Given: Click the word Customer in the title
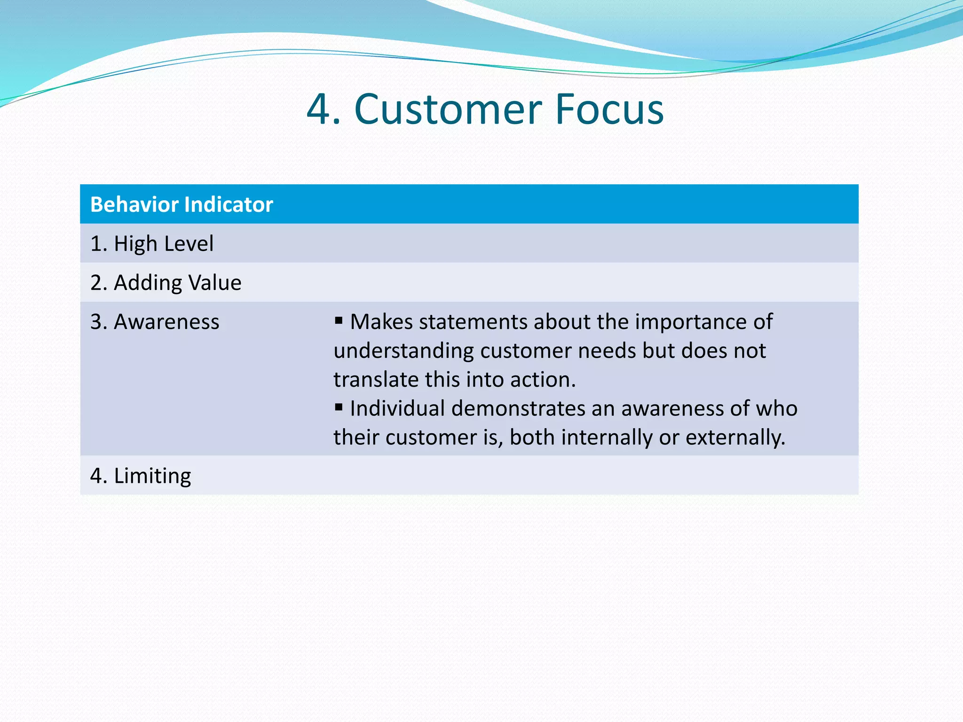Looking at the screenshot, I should (449, 110).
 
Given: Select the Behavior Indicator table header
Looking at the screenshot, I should (182, 205).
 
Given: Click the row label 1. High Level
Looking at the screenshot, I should (152, 244).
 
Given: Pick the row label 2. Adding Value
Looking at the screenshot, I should (166, 283).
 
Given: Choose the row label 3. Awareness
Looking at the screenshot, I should (155, 322).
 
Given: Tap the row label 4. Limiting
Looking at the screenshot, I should (141, 476).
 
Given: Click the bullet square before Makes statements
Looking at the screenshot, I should (339, 321).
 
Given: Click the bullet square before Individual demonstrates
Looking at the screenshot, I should (339, 407).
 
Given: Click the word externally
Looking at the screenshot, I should (735, 438).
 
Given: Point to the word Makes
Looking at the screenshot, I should (381, 322).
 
